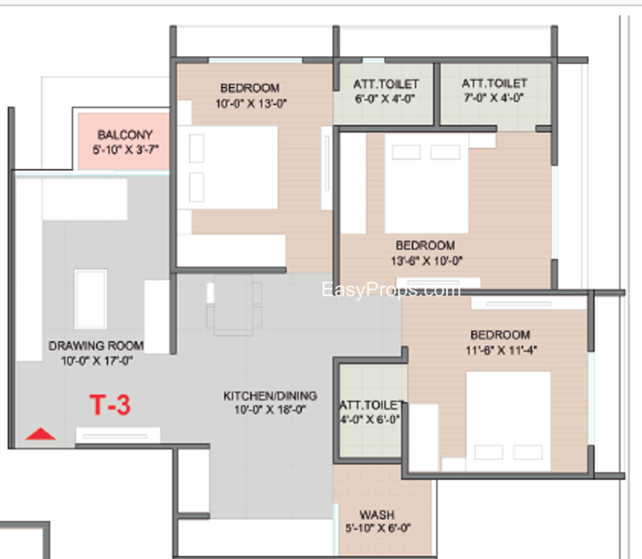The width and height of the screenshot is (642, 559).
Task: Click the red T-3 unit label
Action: (x=110, y=405)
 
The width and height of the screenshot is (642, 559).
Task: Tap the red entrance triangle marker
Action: (x=40, y=434)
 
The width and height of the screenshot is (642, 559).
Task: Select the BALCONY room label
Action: (x=125, y=135)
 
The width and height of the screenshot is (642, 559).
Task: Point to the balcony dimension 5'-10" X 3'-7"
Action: (x=125, y=150)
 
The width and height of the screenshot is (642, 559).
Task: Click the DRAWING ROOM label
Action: (x=96, y=346)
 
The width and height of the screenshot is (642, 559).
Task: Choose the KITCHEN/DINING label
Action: (x=270, y=395)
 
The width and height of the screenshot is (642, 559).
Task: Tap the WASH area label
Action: (x=376, y=514)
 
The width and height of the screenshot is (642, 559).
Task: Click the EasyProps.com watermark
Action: (x=391, y=290)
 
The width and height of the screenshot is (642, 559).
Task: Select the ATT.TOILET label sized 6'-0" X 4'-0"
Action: (x=386, y=84)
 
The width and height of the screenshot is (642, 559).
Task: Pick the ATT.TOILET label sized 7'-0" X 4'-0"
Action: (x=494, y=83)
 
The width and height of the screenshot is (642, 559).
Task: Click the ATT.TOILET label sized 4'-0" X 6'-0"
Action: (x=372, y=405)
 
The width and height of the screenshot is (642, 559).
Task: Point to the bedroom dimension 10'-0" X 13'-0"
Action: (x=251, y=103)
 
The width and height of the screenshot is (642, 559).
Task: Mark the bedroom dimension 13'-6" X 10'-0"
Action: (x=426, y=261)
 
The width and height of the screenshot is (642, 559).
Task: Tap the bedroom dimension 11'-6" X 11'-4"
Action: (x=501, y=350)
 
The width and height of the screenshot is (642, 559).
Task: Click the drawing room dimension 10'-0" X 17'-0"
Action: (x=96, y=361)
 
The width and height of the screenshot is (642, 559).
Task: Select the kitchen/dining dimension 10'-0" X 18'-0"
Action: (x=270, y=410)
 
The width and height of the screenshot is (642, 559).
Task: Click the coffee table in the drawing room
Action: (x=91, y=299)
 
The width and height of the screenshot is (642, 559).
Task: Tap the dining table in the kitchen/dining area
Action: (x=234, y=306)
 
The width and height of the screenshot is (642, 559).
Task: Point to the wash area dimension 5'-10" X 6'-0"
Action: (x=377, y=529)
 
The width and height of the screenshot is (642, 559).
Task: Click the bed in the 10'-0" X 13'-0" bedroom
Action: (x=227, y=168)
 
